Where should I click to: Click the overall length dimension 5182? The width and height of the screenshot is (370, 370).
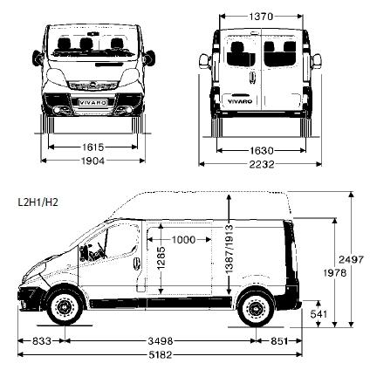(x=161, y=355)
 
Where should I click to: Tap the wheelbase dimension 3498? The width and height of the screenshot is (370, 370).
(x=161, y=341)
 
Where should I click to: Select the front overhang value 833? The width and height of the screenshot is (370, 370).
(x=42, y=341)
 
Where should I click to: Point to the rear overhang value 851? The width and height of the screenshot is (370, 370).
(x=279, y=341)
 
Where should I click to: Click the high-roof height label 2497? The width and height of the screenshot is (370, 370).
(x=352, y=259)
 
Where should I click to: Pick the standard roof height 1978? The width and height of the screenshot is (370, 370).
(x=335, y=273)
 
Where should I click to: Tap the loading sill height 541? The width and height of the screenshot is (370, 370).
(x=319, y=314)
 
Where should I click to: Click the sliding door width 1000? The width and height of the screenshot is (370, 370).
(x=183, y=240)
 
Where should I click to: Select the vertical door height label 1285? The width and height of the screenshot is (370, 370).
(x=161, y=257)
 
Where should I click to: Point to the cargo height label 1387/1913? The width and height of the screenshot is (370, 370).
(x=230, y=249)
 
